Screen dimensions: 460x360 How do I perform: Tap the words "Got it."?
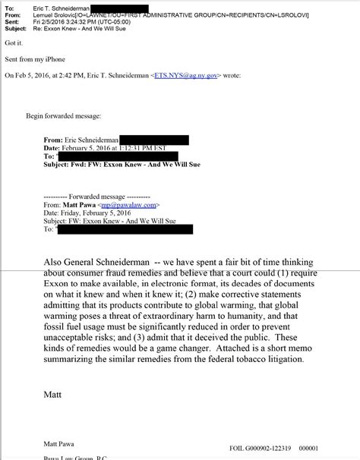12,45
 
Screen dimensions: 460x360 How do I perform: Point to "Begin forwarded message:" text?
63,115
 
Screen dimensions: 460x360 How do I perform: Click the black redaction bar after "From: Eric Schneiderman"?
153,140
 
